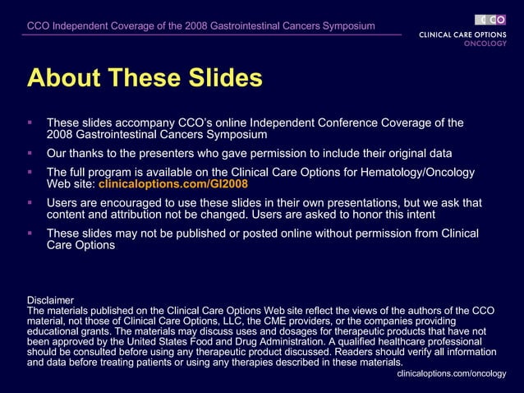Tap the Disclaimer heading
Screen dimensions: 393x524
tap(50, 300)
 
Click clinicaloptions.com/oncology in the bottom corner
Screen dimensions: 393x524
tap(451, 373)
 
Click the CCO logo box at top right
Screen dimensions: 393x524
tap(490, 20)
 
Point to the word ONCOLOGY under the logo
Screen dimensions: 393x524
tap(485, 44)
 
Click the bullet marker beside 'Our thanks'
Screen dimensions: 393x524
tap(30, 154)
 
